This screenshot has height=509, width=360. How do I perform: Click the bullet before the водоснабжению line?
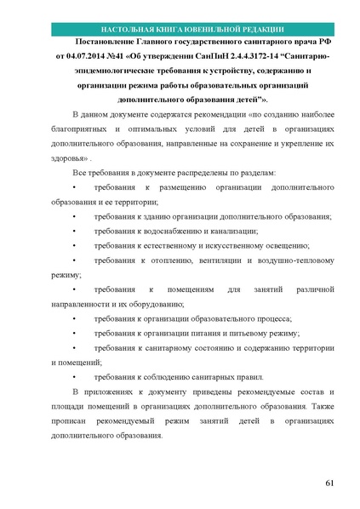pos(76,231)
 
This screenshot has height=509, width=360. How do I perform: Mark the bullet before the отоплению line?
pos(76,260)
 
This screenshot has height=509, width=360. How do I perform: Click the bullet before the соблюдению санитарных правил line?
pos(76,376)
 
